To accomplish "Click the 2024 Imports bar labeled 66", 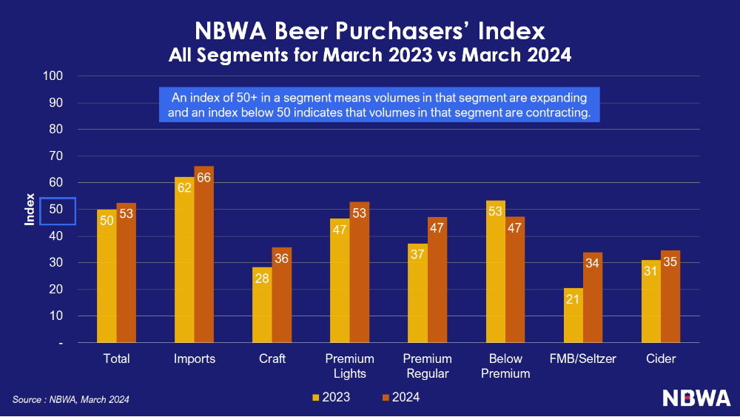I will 204,255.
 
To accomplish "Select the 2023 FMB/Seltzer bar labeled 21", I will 573,316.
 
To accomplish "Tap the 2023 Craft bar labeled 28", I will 262,305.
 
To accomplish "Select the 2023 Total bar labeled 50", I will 107,276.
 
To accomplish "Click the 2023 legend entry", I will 331,398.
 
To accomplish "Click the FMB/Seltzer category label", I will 583,359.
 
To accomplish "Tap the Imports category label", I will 195,359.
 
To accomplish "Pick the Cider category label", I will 660,359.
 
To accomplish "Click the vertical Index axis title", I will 30,210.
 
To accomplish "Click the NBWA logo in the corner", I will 696,398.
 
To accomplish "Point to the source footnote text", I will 71,400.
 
